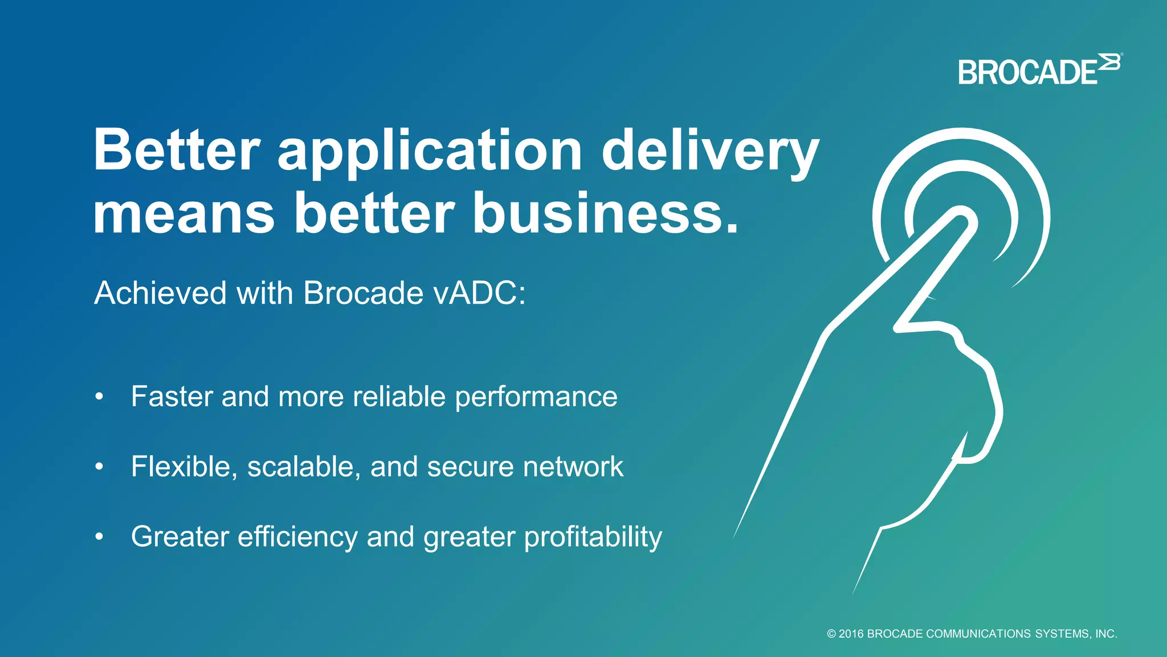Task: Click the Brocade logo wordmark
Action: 1027,73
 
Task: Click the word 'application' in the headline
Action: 430,151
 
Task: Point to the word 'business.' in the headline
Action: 606,213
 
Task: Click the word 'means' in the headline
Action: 183,214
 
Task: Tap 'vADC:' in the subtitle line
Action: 479,293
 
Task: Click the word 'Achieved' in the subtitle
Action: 161,293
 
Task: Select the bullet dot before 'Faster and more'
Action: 100,397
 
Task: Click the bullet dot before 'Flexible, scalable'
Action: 100,467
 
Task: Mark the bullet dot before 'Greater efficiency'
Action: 100,537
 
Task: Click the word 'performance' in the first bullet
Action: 536,397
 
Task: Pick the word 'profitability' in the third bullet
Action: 593,537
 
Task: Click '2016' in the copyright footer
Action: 851,634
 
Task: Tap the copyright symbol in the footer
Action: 831,634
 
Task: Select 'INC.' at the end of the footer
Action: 1106,634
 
